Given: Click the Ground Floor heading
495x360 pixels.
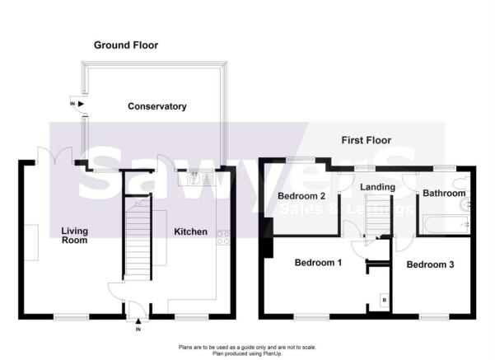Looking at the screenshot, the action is pos(126,45).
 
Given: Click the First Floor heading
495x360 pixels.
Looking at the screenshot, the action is pos(367,140).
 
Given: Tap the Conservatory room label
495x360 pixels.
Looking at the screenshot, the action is pos(156,106).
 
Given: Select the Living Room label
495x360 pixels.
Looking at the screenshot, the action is pos(74,236).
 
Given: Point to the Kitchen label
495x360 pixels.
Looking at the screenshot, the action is pos(191,231).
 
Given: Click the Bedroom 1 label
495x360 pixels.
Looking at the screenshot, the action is pos(318,263).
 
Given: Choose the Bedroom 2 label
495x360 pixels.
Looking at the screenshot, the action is pos(301,196).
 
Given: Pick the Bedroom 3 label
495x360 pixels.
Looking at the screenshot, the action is pos(430,264).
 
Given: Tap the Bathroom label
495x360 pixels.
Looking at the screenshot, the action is pos(444,193).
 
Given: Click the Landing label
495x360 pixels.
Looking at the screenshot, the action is pos(377,187).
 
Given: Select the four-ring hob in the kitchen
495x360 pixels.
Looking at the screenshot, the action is pos(223,238).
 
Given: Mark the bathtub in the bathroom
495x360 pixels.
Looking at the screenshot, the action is pos(446,225).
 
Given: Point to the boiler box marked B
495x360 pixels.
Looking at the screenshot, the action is pos(384,300).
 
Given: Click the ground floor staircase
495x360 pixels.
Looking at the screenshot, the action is pos(138,237).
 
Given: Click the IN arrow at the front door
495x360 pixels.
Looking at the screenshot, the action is pos(138,321).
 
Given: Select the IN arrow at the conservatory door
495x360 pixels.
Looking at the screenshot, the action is pos(82,104).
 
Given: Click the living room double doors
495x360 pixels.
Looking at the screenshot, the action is pos(54,155).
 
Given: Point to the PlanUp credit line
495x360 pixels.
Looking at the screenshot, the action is pos(247,353).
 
